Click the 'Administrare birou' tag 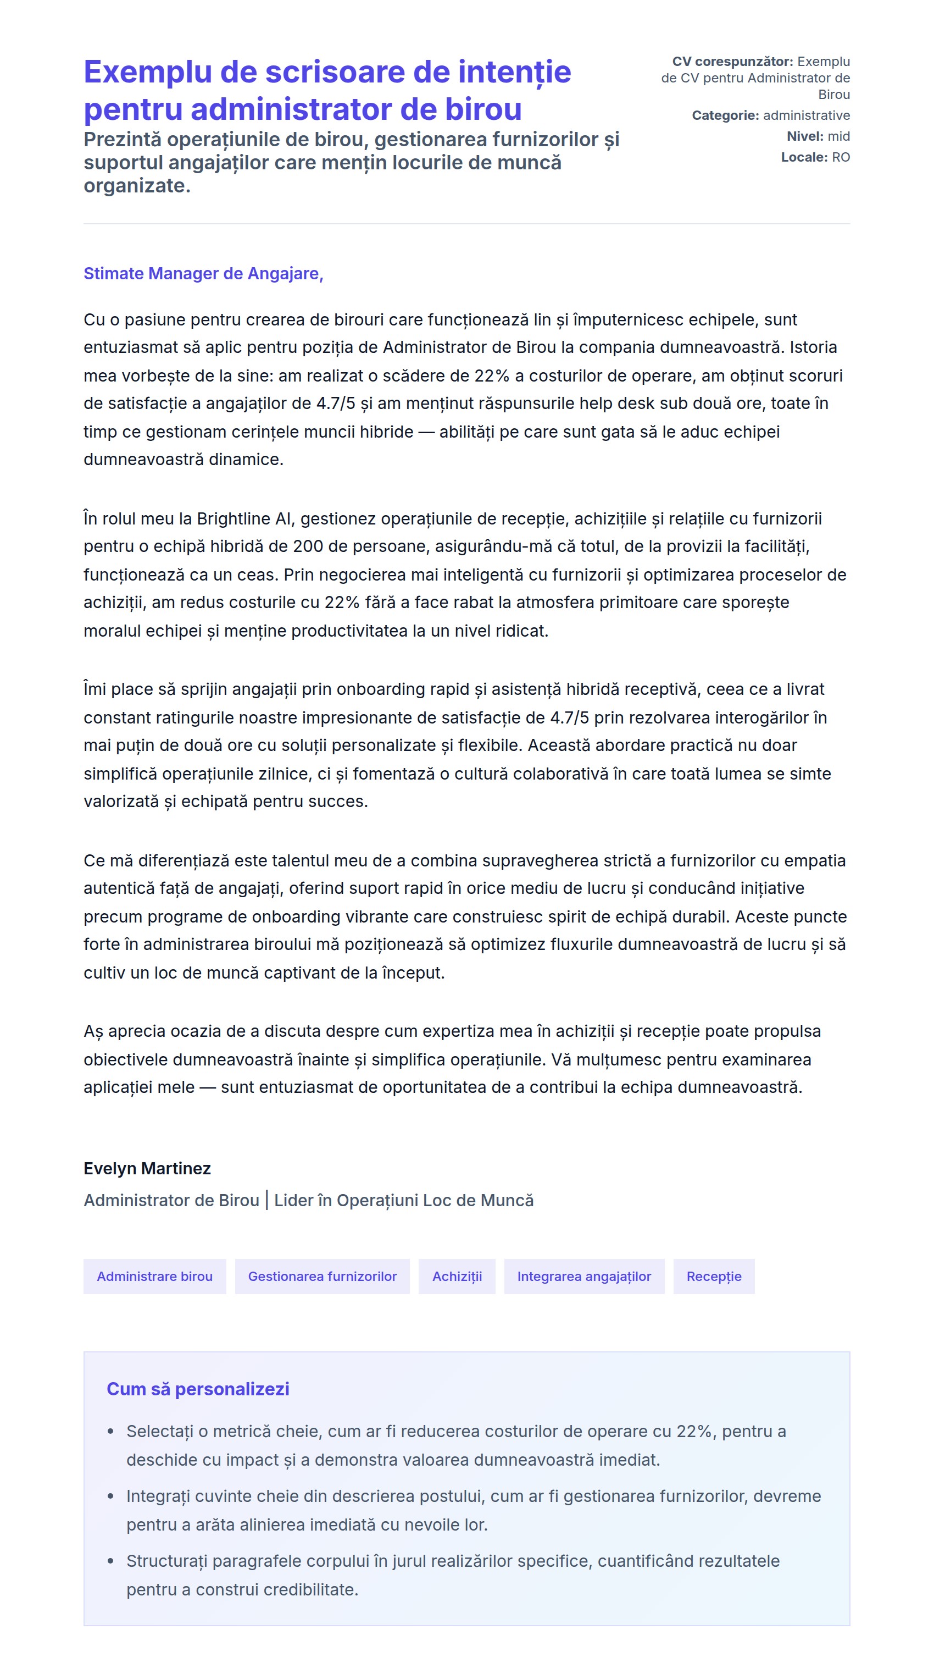(x=154, y=1276)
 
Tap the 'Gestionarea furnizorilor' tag (x=322, y=1276)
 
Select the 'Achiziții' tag (x=457, y=1276)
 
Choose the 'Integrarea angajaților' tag (x=583, y=1276)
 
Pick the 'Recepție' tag (x=713, y=1276)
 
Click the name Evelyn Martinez (x=147, y=1169)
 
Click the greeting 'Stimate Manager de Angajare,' (x=203, y=274)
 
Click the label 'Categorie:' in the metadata (x=725, y=115)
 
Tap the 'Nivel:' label (x=805, y=136)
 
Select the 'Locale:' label (x=804, y=157)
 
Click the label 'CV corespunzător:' (x=732, y=61)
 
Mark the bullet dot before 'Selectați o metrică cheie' (x=111, y=1432)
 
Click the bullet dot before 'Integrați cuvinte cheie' (x=111, y=1496)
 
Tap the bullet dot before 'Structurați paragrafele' (x=111, y=1561)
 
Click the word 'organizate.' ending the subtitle (x=137, y=186)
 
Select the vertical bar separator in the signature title (x=266, y=1200)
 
